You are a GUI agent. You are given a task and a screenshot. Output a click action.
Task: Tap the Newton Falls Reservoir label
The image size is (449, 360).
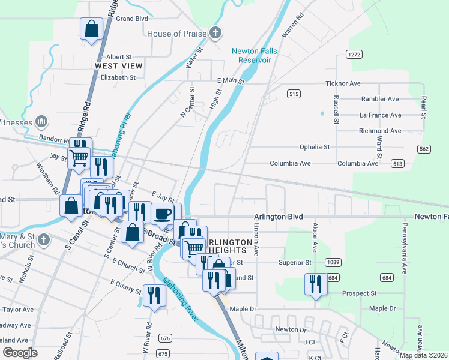pos(255,55)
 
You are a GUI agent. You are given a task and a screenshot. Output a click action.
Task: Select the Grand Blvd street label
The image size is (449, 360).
pos(132,19)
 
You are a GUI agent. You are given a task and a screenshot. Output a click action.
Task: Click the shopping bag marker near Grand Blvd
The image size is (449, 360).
pos(91,29)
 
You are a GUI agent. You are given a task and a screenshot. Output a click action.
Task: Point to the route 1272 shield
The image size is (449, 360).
pos(354,54)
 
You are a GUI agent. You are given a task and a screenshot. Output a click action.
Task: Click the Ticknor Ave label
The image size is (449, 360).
pos(360,83)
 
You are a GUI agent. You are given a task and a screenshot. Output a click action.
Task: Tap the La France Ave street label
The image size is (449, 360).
pos(379,115)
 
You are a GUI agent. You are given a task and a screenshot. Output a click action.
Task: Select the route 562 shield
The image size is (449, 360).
pos(424,148)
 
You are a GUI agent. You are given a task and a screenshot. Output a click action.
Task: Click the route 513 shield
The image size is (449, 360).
pos(397,163)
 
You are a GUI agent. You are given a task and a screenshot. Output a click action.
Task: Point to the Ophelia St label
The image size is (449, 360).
pos(315,147)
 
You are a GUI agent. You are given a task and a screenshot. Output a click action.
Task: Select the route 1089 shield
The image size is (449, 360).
pos(333,262)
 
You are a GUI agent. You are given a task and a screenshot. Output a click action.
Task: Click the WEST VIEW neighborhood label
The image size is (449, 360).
pos(119,65)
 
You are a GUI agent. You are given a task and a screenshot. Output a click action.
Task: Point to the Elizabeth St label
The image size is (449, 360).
pos(118,77)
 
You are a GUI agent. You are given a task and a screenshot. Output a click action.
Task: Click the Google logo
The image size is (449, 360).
pos(20,353)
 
